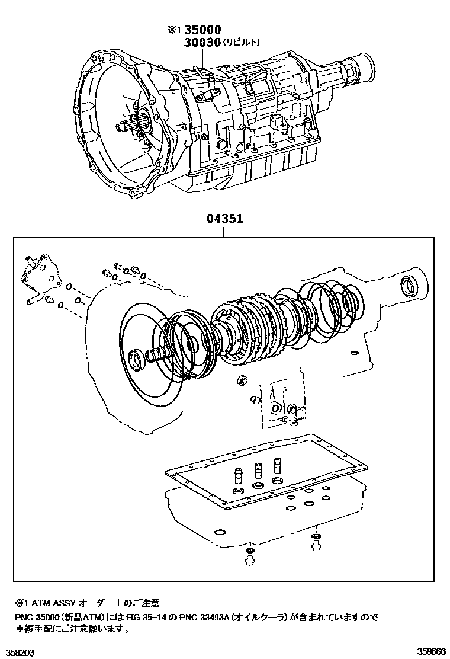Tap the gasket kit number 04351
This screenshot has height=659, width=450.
point(224,219)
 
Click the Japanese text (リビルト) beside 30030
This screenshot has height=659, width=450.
point(240,42)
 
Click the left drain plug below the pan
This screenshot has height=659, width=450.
point(249,555)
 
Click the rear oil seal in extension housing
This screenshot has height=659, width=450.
point(409,286)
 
